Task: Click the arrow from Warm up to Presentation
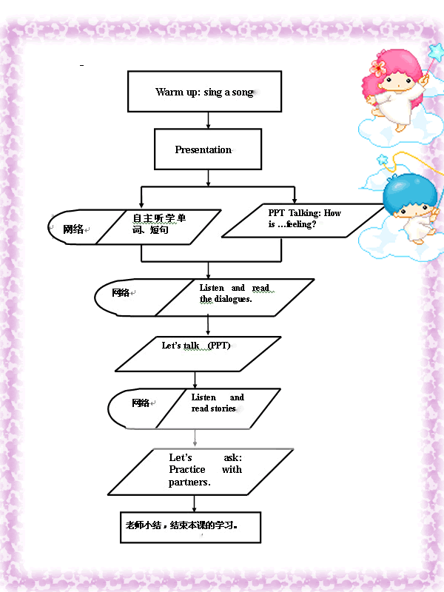click(x=208, y=121)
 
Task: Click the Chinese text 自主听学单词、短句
click(x=159, y=224)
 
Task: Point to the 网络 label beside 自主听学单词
click(x=73, y=229)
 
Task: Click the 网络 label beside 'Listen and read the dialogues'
click(x=121, y=292)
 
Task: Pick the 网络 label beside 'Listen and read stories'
click(x=141, y=403)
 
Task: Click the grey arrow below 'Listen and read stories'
click(x=195, y=438)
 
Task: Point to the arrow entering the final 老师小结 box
click(x=195, y=504)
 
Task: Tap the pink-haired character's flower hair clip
click(x=377, y=67)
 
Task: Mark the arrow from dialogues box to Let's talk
click(x=208, y=326)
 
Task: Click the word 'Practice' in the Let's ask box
click(x=187, y=469)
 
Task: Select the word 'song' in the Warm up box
click(x=243, y=92)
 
